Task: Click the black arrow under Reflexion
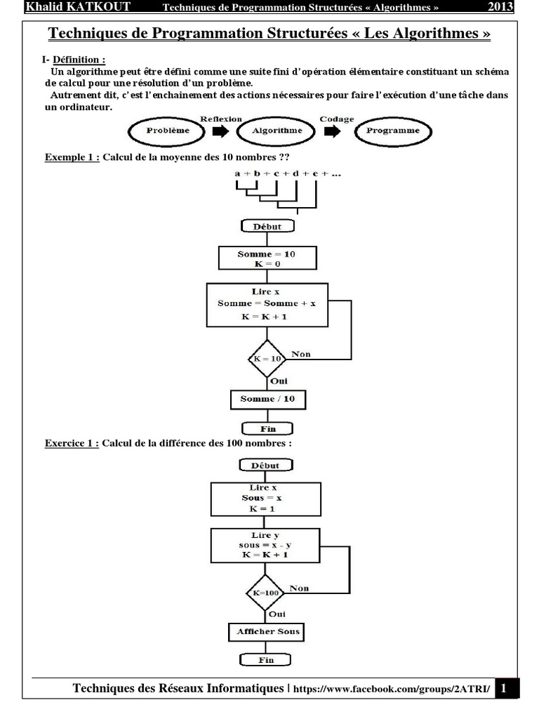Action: pyautogui.click(x=220, y=131)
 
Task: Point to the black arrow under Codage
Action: pyautogui.click(x=332, y=131)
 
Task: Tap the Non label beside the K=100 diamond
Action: pyautogui.click(x=299, y=588)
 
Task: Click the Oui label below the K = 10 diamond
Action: pyautogui.click(x=279, y=381)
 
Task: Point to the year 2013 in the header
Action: pyautogui.click(x=500, y=7)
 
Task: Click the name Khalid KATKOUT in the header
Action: pyautogui.click(x=78, y=7)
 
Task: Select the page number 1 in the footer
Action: pyautogui.click(x=504, y=688)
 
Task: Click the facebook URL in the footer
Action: pyautogui.click(x=392, y=689)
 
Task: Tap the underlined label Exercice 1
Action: pyautogui.click(x=72, y=444)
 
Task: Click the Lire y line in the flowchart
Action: pyautogui.click(x=265, y=535)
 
